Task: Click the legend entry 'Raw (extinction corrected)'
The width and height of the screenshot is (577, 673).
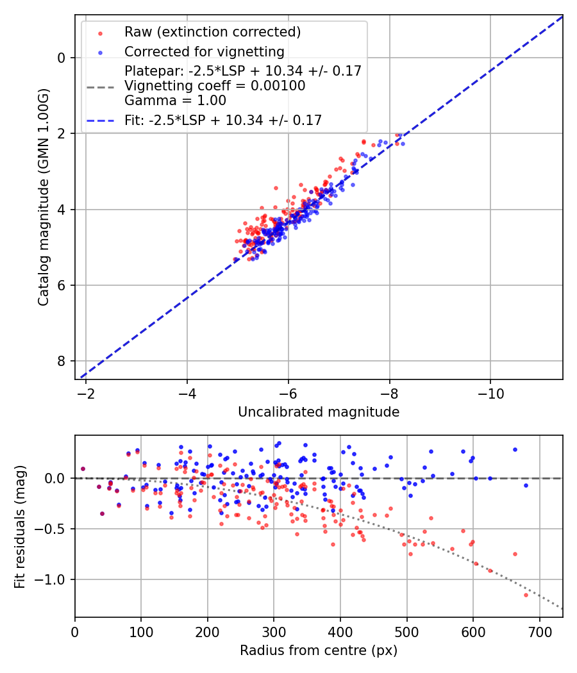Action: [212, 32]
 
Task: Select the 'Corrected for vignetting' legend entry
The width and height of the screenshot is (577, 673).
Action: [204, 51]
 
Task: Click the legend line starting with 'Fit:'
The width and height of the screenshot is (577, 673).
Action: [223, 120]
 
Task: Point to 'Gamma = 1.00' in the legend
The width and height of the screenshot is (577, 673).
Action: [175, 101]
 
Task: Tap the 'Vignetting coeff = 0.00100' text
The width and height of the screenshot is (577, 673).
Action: [215, 86]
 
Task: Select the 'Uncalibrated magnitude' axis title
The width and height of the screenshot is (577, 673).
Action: [319, 412]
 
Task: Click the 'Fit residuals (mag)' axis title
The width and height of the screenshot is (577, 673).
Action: [20, 526]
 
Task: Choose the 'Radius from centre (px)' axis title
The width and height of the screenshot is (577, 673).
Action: [319, 651]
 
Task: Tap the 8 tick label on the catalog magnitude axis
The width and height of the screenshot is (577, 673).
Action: [62, 361]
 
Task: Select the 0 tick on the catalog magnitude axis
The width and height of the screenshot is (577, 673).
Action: [62, 58]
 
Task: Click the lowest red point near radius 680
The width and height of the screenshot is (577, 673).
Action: [526, 595]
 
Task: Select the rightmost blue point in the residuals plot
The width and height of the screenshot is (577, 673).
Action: [526, 485]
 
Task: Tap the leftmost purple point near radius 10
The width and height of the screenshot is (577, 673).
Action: [83, 469]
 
